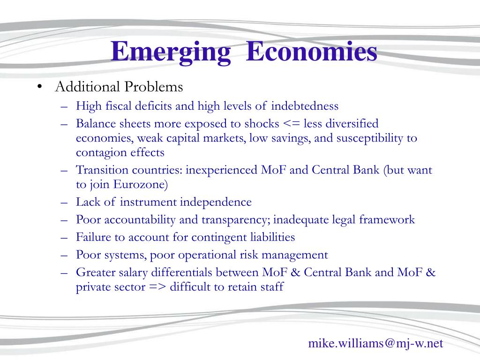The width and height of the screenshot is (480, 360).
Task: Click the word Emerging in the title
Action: [x=171, y=52]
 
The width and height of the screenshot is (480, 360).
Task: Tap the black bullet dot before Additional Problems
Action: [x=39, y=87]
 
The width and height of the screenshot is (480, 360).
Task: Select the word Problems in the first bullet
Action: [x=154, y=86]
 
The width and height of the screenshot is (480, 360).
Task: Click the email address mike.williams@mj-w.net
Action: [x=375, y=343]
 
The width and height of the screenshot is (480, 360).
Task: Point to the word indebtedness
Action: [x=305, y=105]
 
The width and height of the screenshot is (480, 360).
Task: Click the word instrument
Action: [x=148, y=202]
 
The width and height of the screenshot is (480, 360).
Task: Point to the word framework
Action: [x=387, y=219]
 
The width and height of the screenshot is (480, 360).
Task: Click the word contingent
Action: [x=219, y=238]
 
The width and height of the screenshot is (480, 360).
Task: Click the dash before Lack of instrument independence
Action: [x=64, y=202]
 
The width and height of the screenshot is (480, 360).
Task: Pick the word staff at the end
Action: [x=272, y=287]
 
